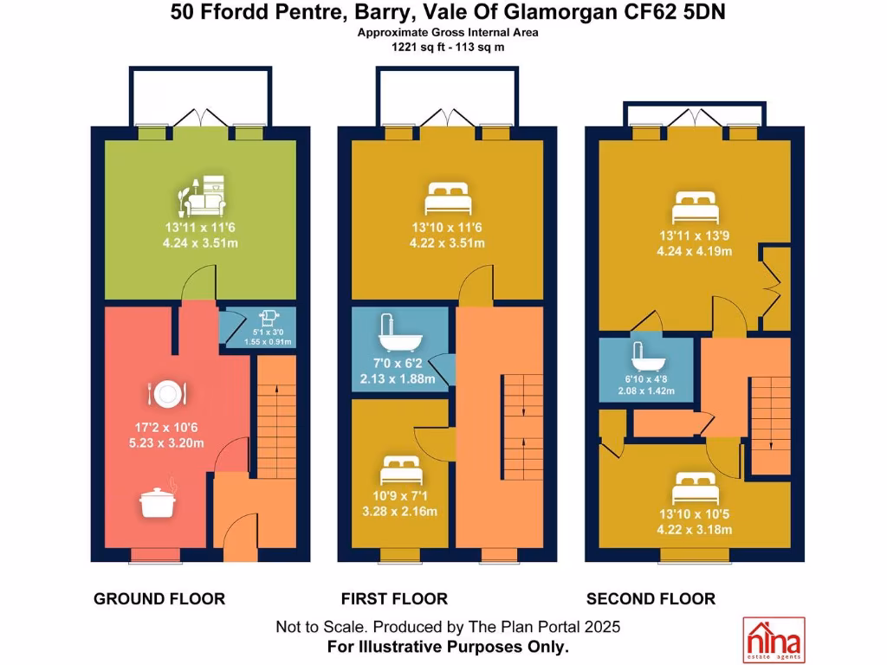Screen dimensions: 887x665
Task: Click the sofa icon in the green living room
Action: pos(202,197)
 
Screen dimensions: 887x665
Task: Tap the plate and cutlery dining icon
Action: pos(167,394)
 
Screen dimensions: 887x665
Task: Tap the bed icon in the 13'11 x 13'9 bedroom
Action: pos(696,208)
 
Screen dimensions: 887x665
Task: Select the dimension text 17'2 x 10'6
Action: pos(166,428)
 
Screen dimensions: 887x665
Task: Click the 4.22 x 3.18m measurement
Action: pos(695,530)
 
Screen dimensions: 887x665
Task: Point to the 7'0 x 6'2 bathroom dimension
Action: pos(398,364)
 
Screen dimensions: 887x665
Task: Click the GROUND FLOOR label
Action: pos(159,599)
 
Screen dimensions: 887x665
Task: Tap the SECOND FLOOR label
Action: pos(651,599)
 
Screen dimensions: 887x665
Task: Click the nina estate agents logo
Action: pos(774,640)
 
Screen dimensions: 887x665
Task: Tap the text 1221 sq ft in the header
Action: pos(416,48)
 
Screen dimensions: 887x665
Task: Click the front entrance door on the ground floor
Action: pos(240,537)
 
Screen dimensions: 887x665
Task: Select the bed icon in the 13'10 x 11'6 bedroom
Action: pos(448,198)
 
